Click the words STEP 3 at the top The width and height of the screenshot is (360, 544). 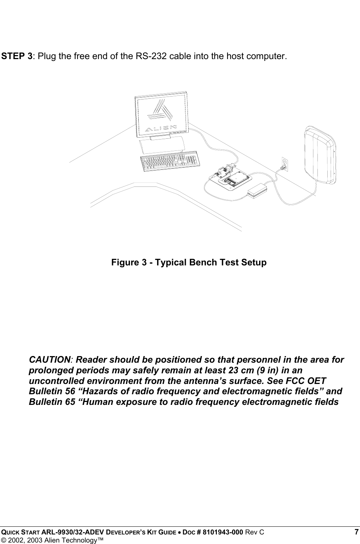tap(17, 57)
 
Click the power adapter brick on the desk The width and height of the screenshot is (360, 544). tap(258, 189)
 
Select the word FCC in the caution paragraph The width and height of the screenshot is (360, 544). tap(298, 381)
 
